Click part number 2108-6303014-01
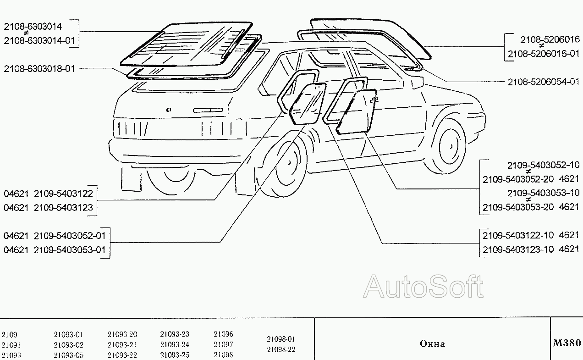[x=39, y=41]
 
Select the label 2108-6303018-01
[x=39, y=69]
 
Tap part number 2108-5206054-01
[x=544, y=82]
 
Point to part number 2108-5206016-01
[x=544, y=54]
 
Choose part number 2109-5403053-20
[x=518, y=207]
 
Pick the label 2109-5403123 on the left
[x=63, y=208]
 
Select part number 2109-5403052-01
[x=70, y=236]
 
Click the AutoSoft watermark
[x=423, y=287]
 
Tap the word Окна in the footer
[x=432, y=344]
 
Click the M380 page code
[x=567, y=343]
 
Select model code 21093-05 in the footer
[x=68, y=355]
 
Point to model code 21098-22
[x=281, y=349]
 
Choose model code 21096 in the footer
[x=223, y=334]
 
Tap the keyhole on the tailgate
[x=169, y=110]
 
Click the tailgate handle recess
[x=208, y=110]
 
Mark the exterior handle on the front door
[x=374, y=100]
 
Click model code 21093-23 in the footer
[x=175, y=334]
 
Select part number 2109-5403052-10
[x=543, y=165]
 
